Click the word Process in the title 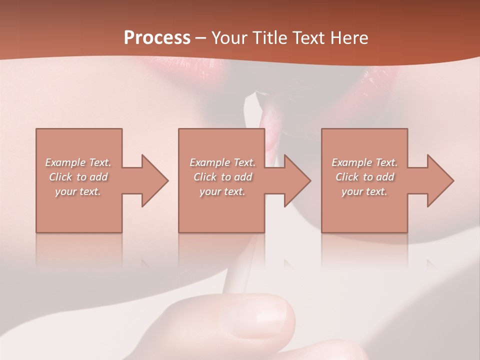pos(157,37)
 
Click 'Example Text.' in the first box pos(78,162)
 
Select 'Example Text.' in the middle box pos(222,162)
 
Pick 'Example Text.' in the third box pos(364,162)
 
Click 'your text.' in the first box pos(78,191)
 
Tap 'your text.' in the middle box pos(222,191)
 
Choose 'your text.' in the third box pos(364,191)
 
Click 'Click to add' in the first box pos(78,177)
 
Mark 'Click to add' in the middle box pos(222,177)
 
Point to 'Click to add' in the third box pos(364,177)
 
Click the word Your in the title pos(227,37)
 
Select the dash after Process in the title pos(201,38)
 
